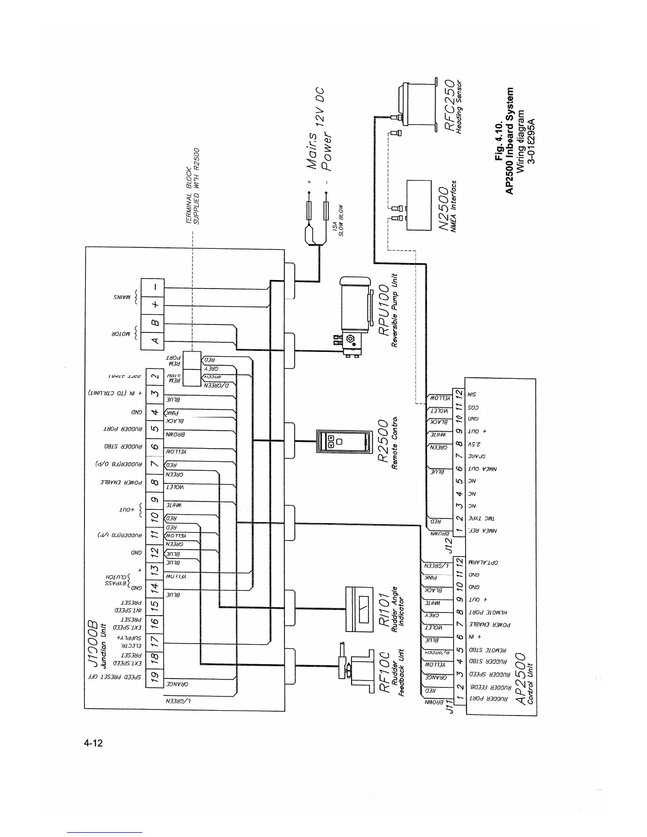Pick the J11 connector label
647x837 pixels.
[x=451, y=706]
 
